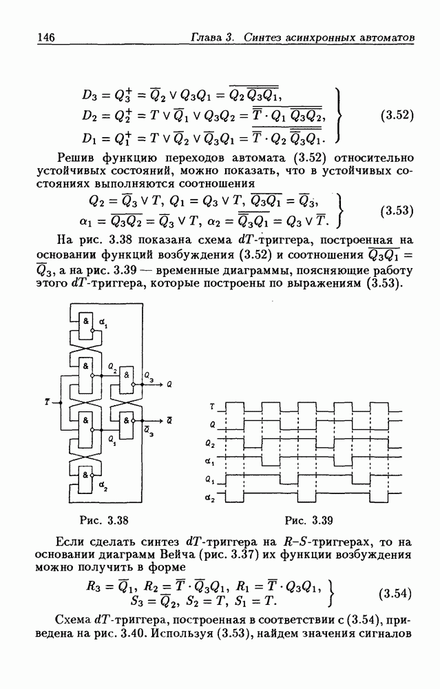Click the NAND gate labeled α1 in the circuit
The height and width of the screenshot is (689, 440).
(87, 324)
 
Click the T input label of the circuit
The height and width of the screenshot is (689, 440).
(46, 400)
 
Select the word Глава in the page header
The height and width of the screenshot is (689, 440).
(207, 37)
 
